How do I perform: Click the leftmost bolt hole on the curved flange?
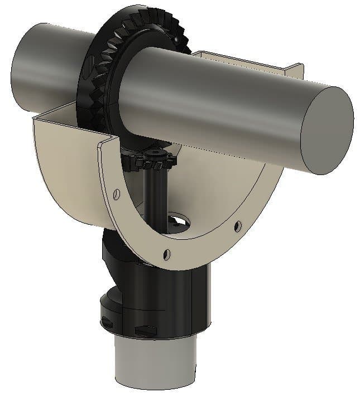pyautogui.click(x=116, y=193)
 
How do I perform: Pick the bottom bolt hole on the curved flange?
pyautogui.click(x=166, y=255)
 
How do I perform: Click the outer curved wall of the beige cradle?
pyautogui.click(x=67, y=178)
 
